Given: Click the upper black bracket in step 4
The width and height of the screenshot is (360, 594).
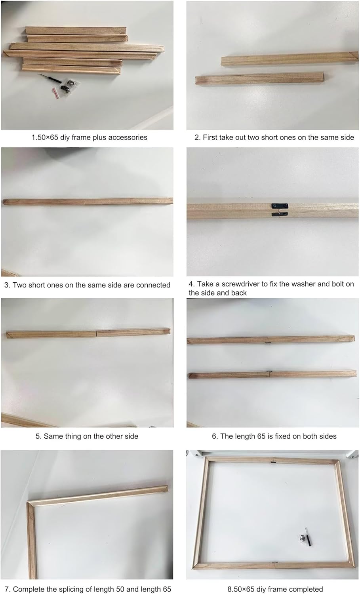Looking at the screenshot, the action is [280, 206].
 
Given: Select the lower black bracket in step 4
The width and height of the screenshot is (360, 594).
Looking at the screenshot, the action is [280, 214].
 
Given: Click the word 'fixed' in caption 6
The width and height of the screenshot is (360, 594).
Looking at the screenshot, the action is [284, 436].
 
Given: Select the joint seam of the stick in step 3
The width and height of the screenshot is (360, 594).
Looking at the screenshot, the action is [85, 202].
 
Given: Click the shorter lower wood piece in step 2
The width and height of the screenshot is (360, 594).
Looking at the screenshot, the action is [259, 78].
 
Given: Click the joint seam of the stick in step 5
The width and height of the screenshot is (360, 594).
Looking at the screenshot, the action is [96, 333].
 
